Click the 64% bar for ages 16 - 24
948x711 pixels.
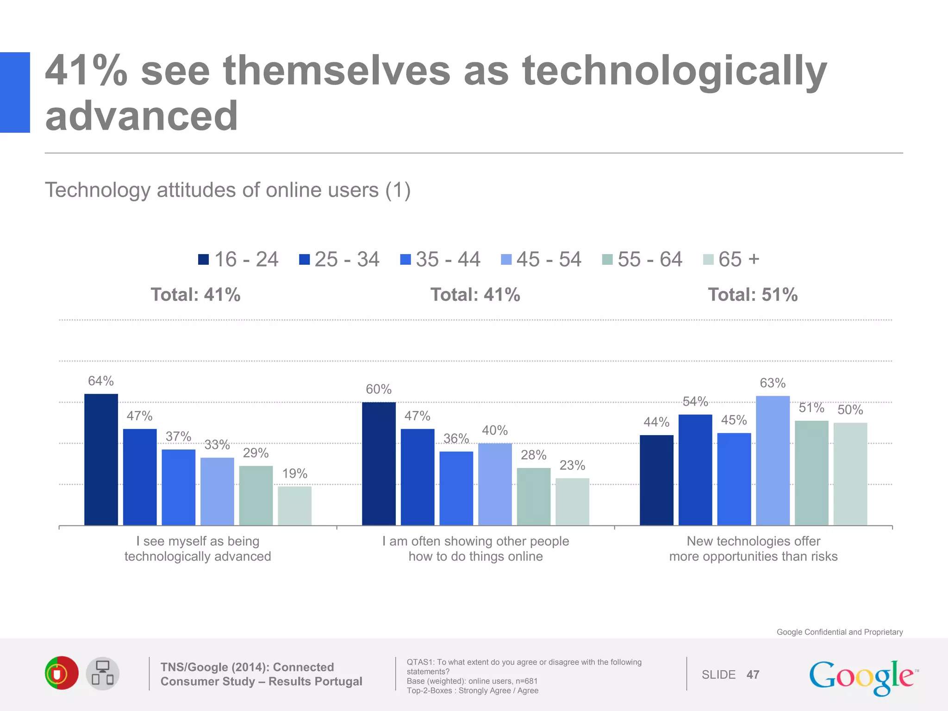pyautogui.click(x=101, y=459)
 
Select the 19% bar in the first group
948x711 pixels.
pyautogui.click(x=294, y=505)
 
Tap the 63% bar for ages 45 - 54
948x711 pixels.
pyautogui.click(x=773, y=460)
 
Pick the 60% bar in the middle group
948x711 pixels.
pyautogui.click(x=379, y=463)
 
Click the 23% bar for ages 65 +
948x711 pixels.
pyautogui.click(x=572, y=501)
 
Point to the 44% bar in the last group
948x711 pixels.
pyautogui.click(x=656, y=480)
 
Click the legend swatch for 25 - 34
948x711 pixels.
pyautogui.click(x=304, y=260)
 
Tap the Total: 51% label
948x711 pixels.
pyautogui.click(x=753, y=295)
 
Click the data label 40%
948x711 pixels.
pyautogui.click(x=494, y=430)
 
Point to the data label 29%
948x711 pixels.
pyautogui.click(x=256, y=453)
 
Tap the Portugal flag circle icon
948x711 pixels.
pyautogui.click(x=62, y=673)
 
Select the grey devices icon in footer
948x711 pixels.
pyautogui.click(x=102, y=674)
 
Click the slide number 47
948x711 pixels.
pyautogui.click(x=753, y=674)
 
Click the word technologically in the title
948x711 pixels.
pyautogui.click(x=674, y=71)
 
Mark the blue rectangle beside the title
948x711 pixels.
pyautogui.click(x=15, y=92)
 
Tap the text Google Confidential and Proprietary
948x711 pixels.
pyautogui.click(x=839, y=632)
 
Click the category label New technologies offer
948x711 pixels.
pyautogui.click(x=753, y=541)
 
